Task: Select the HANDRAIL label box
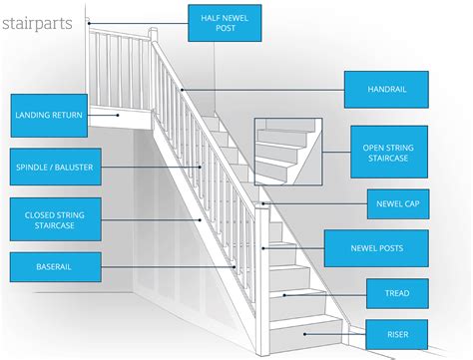[x=387, y=89]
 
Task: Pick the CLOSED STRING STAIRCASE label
[x=47, y=219]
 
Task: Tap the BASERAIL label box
[x=47, y=267]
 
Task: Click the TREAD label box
[x=398, y=293]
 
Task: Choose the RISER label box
[x=398, y=332]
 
